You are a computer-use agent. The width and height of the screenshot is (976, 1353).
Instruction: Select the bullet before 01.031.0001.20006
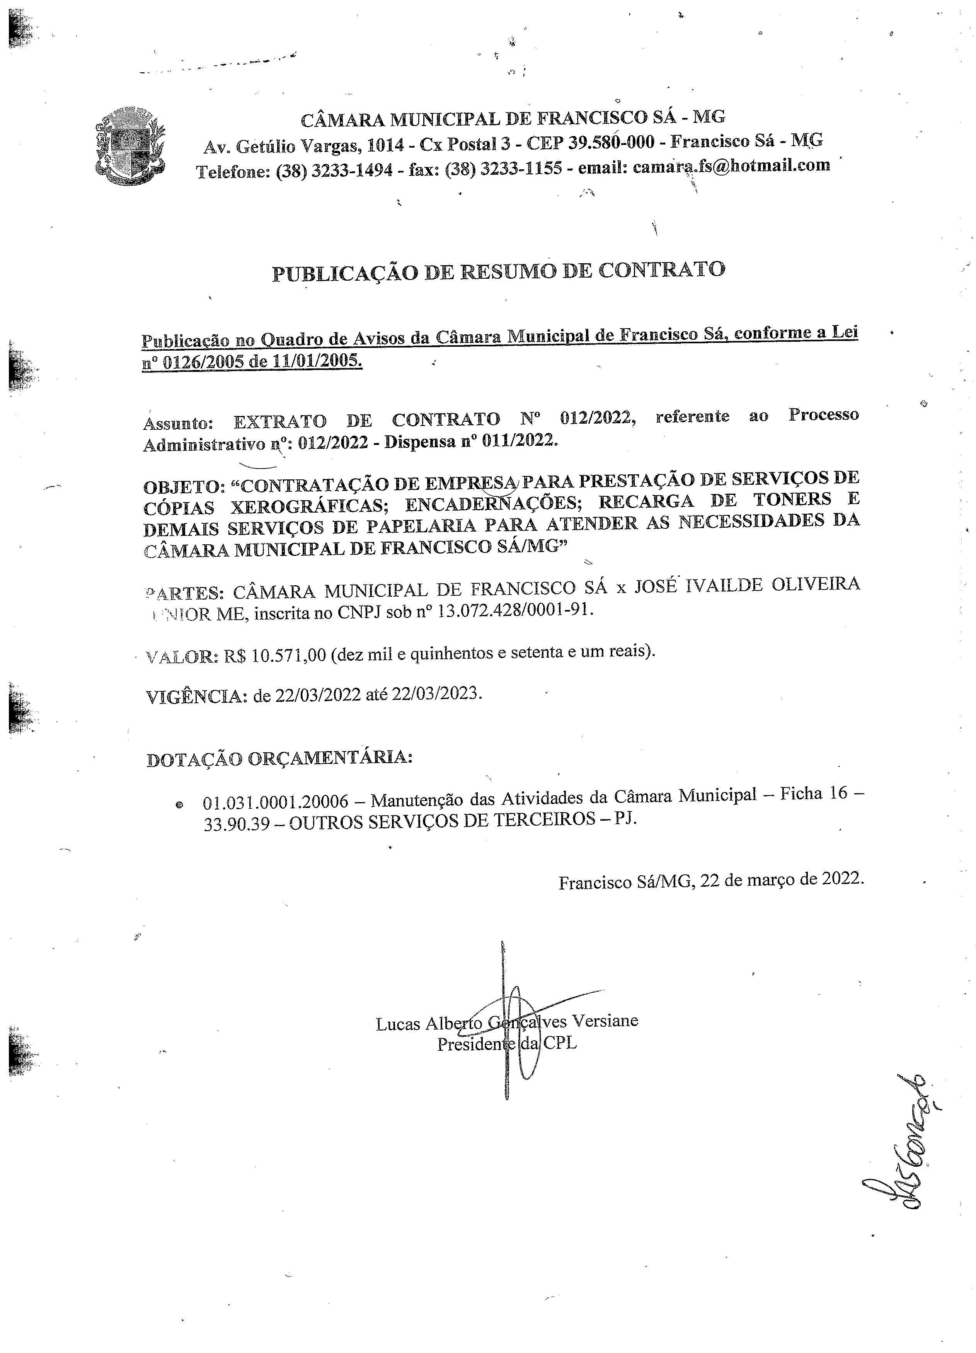179,805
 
